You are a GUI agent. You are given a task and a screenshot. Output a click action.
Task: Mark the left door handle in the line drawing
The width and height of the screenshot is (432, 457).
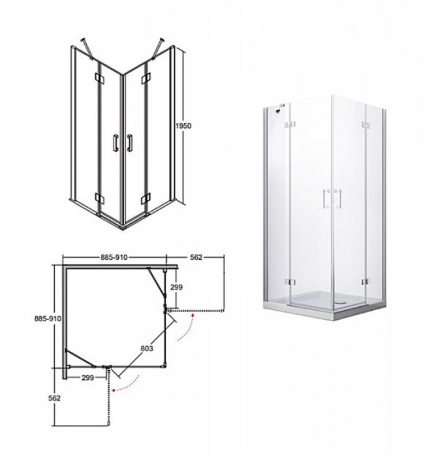115,142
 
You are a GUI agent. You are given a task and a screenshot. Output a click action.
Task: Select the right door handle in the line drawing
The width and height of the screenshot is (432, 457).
131,142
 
